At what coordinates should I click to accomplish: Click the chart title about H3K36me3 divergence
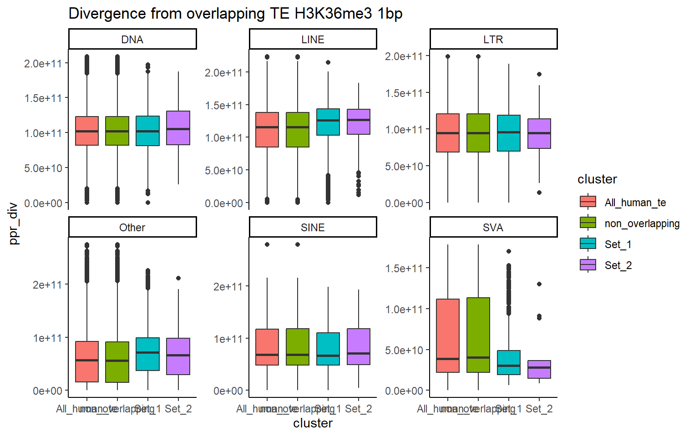(235, 14)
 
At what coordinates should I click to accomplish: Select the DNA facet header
(132, 40)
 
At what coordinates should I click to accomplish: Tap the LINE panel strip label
(313, 40)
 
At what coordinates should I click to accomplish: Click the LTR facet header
(493, 40)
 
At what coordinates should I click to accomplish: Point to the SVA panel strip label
(493, 228)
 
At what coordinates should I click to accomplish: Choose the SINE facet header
(313, 228)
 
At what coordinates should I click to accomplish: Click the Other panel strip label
(132, 228)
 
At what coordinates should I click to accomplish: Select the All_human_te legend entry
(635, 203)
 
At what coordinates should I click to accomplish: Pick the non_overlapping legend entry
(642, 224)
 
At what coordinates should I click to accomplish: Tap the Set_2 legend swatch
(588, 265)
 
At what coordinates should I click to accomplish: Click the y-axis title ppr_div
(14, 223)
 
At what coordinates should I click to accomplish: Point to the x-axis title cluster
(313, 423)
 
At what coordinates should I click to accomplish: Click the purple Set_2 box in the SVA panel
(539, 370)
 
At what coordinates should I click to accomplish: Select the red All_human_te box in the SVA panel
(448, 335)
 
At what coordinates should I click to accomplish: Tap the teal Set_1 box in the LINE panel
(328, 122)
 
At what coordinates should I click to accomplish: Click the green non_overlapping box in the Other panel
(117, 362)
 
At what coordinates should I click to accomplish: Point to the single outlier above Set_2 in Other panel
(178, 278)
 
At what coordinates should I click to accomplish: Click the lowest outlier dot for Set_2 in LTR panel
(539, 193)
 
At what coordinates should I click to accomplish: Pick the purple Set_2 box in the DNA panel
(178, 128)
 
